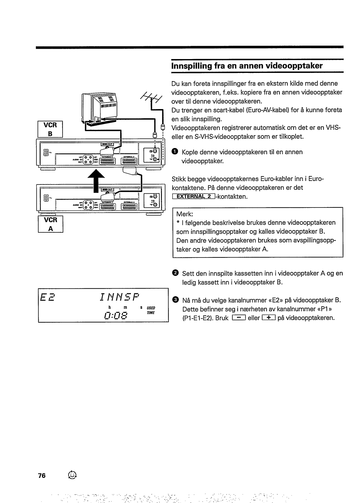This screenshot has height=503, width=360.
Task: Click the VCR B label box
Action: click(50, 129)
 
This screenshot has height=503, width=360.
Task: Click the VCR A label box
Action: click(50, 224)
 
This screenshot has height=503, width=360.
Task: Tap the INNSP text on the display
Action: click(119, 297)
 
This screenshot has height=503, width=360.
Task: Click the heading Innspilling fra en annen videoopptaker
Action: click(247, 66)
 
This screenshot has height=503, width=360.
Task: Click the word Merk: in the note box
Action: click(185, 214)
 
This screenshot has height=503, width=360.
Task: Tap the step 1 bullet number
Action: click(175, 152)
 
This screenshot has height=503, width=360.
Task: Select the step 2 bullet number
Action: click(175, 273)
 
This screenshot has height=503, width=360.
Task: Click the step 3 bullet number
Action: click(175, 300)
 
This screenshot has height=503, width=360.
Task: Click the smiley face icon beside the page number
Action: click(72, 475)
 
